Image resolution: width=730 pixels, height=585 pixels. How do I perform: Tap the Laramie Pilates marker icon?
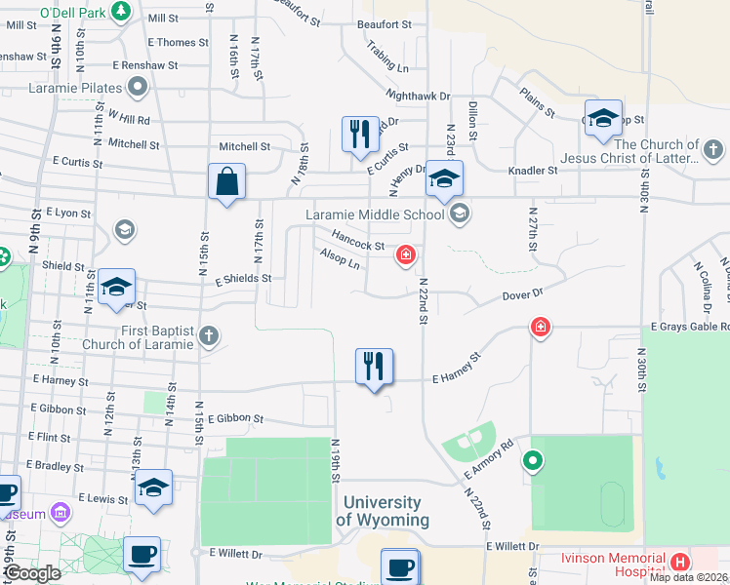(139, 88)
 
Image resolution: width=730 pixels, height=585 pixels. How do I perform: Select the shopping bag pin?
(226, 181)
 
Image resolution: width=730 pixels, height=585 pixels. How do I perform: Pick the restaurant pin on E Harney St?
(374, 367)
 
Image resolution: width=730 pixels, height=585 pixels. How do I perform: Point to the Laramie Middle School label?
(375, 214)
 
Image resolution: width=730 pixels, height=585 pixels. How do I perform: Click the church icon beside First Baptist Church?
(208, 337)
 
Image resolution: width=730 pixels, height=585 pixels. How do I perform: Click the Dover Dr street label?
(522, 292)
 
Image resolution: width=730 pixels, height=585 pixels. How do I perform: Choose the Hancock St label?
(357, 240)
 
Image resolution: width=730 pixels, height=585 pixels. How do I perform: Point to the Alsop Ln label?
(340, 259)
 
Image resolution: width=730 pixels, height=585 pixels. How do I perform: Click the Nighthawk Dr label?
(418, 96)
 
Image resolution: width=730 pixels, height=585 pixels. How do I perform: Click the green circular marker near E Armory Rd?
(533, 460)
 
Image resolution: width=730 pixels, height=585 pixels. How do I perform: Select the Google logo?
(32, 572)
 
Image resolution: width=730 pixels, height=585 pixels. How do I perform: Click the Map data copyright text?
(688, 577)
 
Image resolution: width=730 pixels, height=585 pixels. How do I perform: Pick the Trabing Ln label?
(387, 58)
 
